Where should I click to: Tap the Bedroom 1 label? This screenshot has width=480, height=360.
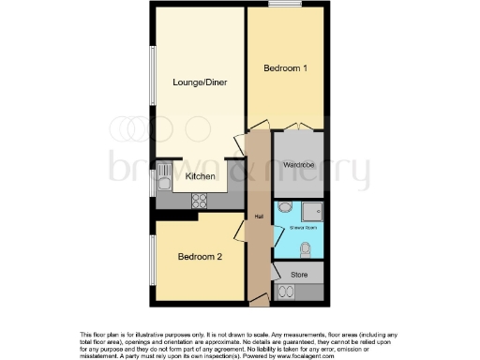[x=284, y=67]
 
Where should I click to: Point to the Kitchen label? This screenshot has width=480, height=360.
[x=201, y=176]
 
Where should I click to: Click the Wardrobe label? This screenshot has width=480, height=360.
[x=299, y=165]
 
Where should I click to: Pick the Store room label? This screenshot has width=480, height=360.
[x=299, y=274]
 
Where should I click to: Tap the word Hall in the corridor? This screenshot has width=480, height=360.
[x=259, y=217]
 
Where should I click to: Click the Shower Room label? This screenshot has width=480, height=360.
[x=298, y=228]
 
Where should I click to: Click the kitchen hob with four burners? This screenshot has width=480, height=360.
[x=200, y=199]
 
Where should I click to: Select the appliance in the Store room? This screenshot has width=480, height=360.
[x=286, y=292]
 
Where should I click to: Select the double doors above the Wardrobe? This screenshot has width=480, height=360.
[x=298, y=127]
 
